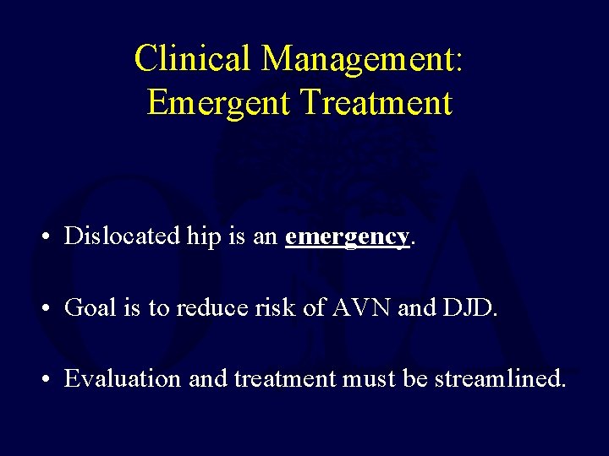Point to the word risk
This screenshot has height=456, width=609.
tap(270, 307)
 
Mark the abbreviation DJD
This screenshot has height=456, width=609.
tap(468, 307)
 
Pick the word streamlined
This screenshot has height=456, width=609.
tap(499, 379)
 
